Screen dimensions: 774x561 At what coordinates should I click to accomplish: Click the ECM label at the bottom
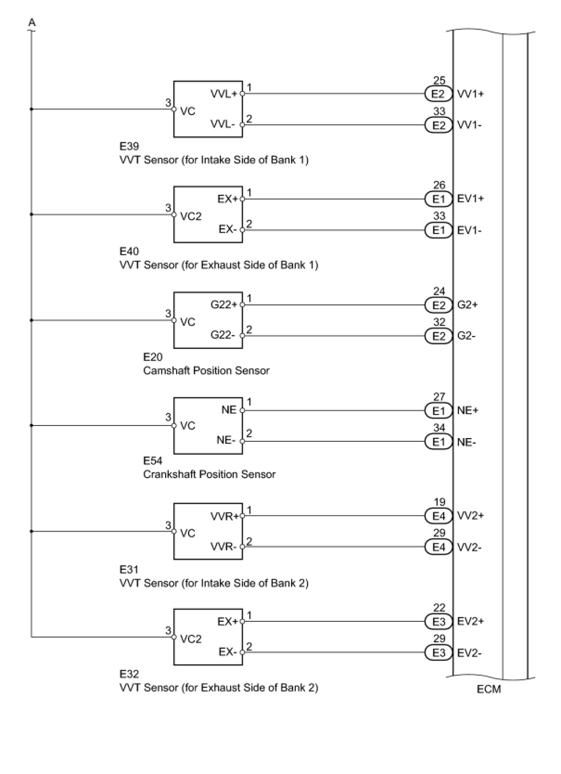489,689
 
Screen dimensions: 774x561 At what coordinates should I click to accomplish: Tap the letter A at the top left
32,22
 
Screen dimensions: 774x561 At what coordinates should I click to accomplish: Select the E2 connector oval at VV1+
438,94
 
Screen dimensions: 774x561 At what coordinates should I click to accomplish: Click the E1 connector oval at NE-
438,442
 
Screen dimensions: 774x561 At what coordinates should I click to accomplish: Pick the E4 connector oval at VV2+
438,516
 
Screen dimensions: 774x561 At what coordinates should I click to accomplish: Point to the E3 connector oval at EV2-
438,653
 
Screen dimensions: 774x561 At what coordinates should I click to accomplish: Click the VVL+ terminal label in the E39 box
223,94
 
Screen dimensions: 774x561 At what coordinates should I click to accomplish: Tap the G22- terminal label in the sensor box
223,335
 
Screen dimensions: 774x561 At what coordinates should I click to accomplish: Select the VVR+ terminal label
224,516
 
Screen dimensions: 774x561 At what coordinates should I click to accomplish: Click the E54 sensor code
153,461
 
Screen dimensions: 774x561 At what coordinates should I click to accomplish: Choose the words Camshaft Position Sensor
206,370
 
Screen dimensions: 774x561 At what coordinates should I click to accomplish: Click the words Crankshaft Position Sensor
209,474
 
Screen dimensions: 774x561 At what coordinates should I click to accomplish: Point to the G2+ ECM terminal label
467,305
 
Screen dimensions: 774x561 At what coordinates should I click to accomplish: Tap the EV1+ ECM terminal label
471,199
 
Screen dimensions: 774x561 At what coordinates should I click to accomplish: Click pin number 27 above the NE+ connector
439,397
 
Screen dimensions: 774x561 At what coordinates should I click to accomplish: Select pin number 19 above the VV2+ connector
439,502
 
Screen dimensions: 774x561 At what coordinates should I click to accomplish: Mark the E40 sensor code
129,252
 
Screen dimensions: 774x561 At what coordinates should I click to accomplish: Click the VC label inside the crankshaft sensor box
188,426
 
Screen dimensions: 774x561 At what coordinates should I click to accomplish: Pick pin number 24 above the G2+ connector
439,291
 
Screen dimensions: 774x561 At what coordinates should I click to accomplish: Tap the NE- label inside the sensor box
226,440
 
